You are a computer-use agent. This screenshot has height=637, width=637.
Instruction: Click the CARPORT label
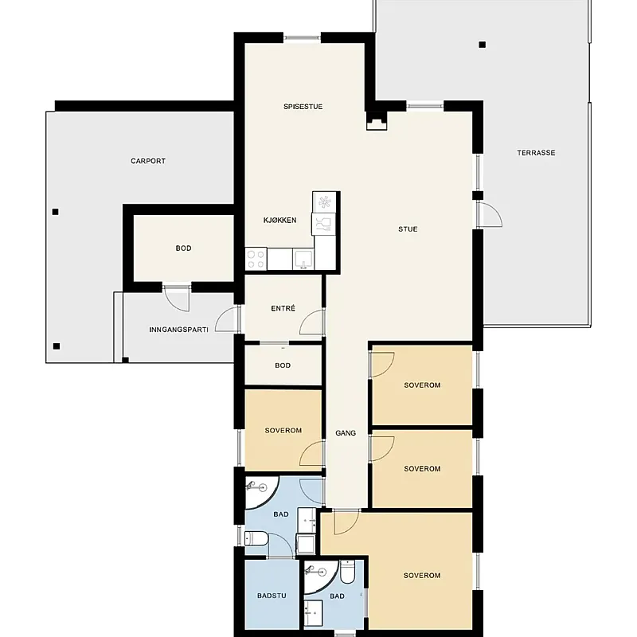click(148, 161)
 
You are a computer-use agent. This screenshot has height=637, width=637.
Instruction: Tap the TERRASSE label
click(536, 153)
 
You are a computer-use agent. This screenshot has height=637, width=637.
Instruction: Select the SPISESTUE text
click(303, 107)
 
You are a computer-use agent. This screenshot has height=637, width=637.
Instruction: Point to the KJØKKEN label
click(280, 221)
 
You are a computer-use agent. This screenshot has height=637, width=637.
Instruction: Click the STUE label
click(408, 229)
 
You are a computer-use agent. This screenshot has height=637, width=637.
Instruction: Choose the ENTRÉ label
click(283, 308)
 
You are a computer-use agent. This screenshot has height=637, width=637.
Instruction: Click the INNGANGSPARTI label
click(178, 330)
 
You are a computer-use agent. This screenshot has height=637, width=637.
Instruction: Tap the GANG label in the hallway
click(346, 433)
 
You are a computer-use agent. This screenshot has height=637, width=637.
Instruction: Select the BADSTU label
click(272, 596)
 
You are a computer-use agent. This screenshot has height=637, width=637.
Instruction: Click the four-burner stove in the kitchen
click(256, 259)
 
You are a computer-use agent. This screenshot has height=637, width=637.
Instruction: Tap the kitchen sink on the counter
click(303, 260)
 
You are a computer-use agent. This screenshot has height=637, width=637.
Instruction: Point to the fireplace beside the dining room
click(377, 121)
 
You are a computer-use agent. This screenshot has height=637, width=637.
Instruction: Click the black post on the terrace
click(483, 45)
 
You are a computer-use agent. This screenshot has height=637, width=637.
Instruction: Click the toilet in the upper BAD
click(256, 539)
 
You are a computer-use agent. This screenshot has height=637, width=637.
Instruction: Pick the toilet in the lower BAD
click(347, 570)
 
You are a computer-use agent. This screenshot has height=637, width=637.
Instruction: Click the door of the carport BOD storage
click(177, 299)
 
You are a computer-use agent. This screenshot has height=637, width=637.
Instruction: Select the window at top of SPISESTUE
click(302, 37)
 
